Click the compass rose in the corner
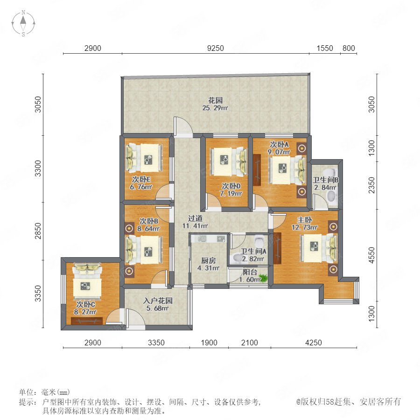pyautogui.click(x=23, y=23)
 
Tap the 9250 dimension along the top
pyautogui.click(x=216, y=48)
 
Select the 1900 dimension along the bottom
pyautogui.click(x=209, y=343)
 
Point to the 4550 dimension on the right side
pyautogui.click(x=371, y=255)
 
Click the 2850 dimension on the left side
pyautogui.click(x=38, y=231)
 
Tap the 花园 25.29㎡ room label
pyautogui.click(x=215, y=104)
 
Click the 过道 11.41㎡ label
pyautogui.click(x=195, y=222)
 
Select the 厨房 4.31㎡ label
pyautogui.click(x=209, y=264)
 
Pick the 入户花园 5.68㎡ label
pyautogui.click(x=158, y=305)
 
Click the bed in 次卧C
pyautogui.click(x=87, y=282)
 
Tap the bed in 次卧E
pyautogui.click(x=144, y=158)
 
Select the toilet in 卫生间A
pyautogui.click(x=259, y=241)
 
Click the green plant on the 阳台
pyautogui.click(x=263, y=279)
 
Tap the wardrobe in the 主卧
pyautogui.click(x=277, y=248)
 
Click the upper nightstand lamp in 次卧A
pyautogui.click(x=302, y=147)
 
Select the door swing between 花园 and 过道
pyautogui.click(x=183, y=125)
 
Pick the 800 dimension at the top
pyautogui.click(x=349, y=48)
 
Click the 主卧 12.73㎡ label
pyautogui.click(x=305, y=224)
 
